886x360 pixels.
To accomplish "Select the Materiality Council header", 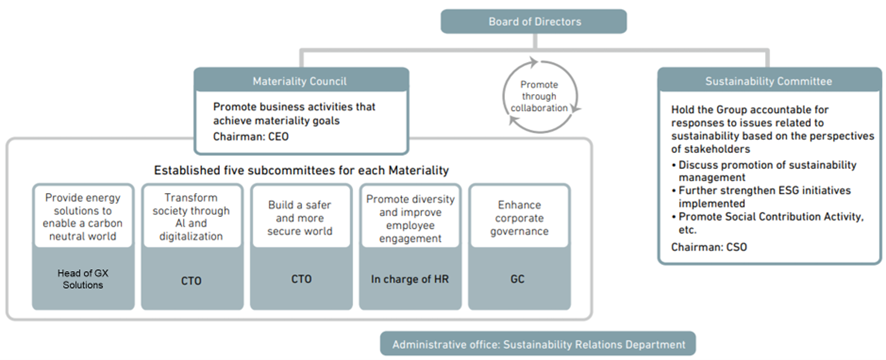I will (x=300, y=79).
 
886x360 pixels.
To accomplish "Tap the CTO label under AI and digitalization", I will (x=190, y=281).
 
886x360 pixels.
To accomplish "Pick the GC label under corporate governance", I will (x=517, y=280).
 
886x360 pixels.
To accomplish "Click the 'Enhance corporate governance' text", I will (x=517, y=218).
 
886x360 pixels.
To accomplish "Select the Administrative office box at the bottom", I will (x=537, y=344).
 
